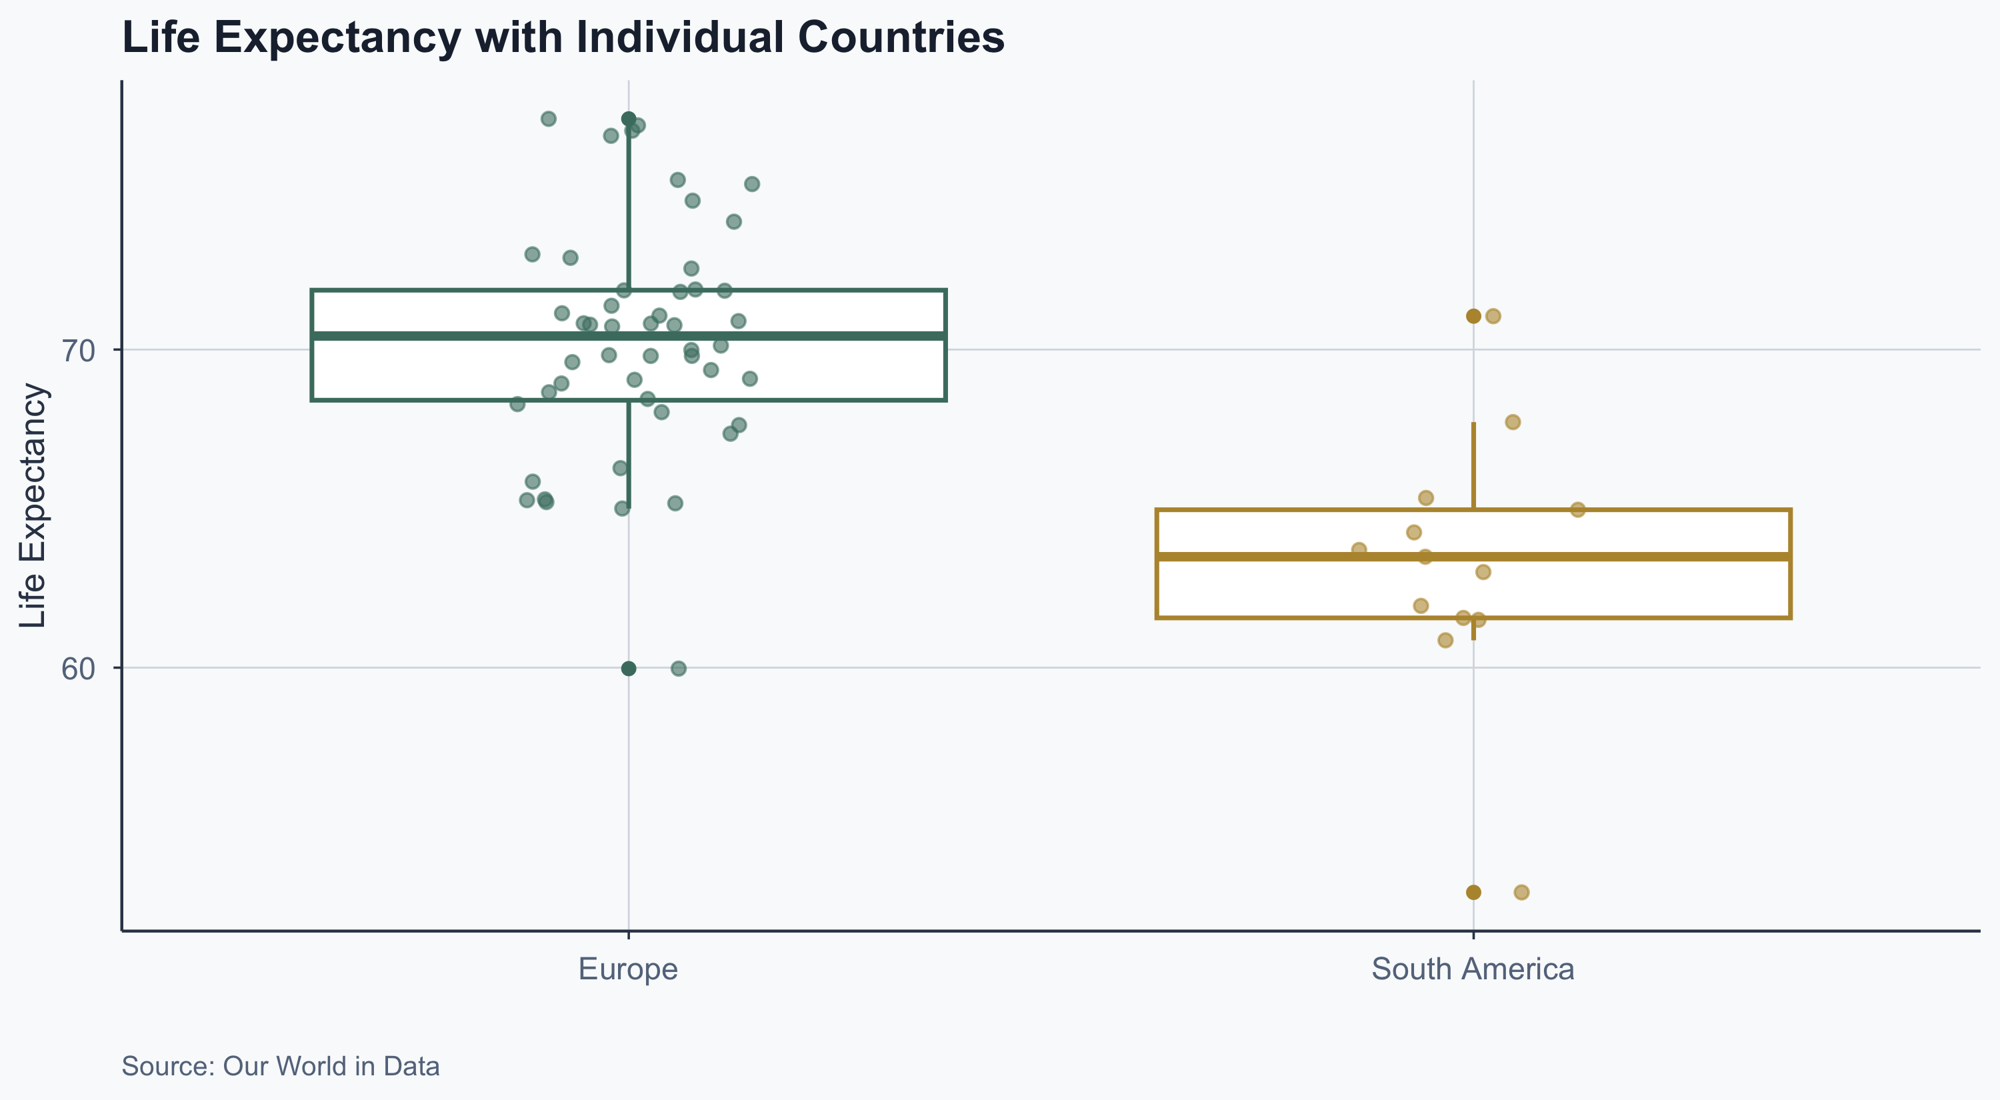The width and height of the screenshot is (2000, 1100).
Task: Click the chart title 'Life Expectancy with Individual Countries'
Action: click(x=563, y=37)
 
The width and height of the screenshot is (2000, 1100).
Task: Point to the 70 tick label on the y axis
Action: click(x=77, y=351)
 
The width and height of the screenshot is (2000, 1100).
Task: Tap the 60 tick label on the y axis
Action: click(x=77, y=669)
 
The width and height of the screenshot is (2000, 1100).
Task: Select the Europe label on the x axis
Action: click(x=628, y=969)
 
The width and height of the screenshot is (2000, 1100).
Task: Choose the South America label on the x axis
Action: click(x=1472, y=969)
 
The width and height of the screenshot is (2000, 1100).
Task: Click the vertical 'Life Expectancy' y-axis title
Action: click(x=33, y=505)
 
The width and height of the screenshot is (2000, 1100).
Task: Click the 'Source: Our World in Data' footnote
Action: click(x=280, y=1066)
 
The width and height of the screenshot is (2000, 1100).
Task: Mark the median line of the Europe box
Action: click(x=466, y=336)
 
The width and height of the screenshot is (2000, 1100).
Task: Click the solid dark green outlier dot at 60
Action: click(x=629, y=669)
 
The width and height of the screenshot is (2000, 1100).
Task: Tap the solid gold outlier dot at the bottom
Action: click(x=1473, y=892)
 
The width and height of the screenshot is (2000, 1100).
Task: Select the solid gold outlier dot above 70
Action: click(x=1473, y=316)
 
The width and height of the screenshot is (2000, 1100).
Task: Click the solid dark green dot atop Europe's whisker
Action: click(x=629, y=119)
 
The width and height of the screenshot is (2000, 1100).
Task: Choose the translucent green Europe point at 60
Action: click(x=679, y=669)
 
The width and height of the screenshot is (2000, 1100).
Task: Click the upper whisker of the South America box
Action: click(x=1473, y=466)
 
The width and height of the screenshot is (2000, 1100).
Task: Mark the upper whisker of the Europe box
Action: click(x=629, y=209)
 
